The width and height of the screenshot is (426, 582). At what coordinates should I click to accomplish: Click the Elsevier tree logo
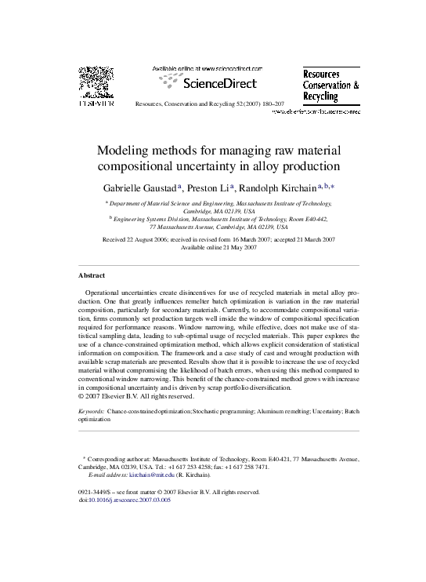(x=92, y=83)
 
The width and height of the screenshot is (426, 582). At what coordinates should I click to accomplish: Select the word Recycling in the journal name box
(x=321, y=96)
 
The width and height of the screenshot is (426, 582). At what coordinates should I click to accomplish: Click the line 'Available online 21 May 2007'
(x=214, y=246)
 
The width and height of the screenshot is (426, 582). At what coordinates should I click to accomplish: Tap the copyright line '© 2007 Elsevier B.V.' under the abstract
(x=131, y=396)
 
